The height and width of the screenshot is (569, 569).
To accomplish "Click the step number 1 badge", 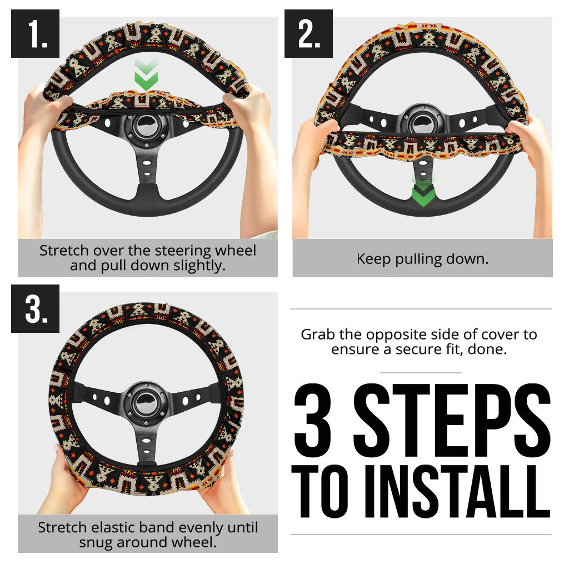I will tap(35, 34).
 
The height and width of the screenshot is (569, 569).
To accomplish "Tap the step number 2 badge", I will tap(308, 34).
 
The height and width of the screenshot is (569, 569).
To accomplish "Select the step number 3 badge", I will tap(35, 309).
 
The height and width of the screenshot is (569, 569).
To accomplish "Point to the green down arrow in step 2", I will tap(422, 192).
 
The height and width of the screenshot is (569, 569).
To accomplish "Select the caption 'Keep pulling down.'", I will tap(422, 259).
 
